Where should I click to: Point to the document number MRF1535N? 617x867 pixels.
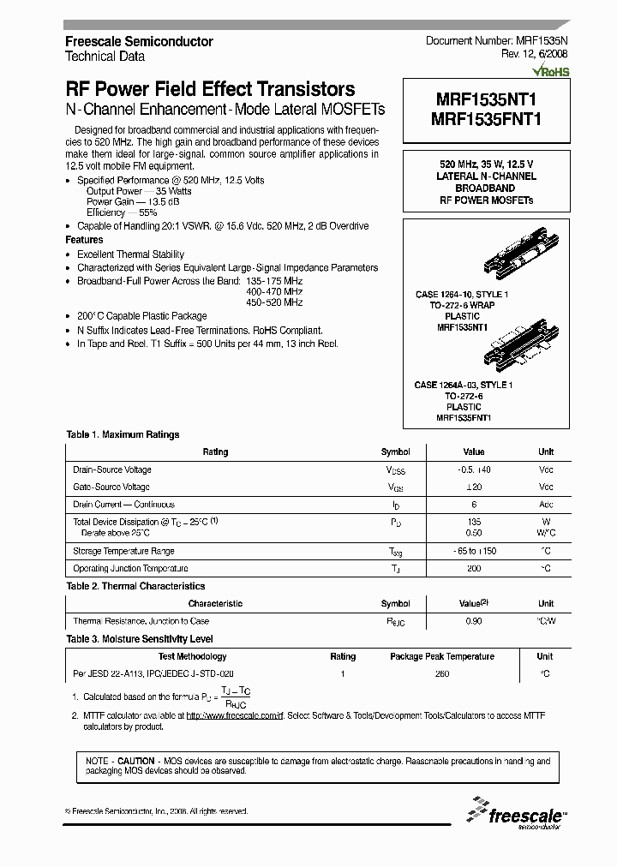tap(496, 41)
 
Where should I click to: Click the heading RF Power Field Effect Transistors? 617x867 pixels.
tap(210, 90)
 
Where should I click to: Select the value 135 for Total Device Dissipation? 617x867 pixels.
tap(473, 521)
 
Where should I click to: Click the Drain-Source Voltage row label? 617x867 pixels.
tap(112, 469)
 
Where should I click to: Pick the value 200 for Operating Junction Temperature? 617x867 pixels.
tap(473, 568)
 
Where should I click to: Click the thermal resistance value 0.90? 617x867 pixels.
tap(473, 621)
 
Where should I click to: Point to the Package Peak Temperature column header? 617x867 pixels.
tap(441, 656)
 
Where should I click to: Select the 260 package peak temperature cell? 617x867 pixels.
tap(441, 674)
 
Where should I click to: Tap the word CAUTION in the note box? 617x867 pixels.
tap(135, 761)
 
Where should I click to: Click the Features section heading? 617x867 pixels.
tap(84, 240)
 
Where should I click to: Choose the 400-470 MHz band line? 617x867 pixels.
tap(274, 291)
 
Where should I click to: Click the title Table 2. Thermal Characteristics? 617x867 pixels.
tap(135, 586)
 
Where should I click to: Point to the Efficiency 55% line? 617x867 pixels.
tap(122, 212)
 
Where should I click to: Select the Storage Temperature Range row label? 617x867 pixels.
tap(123, 551)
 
